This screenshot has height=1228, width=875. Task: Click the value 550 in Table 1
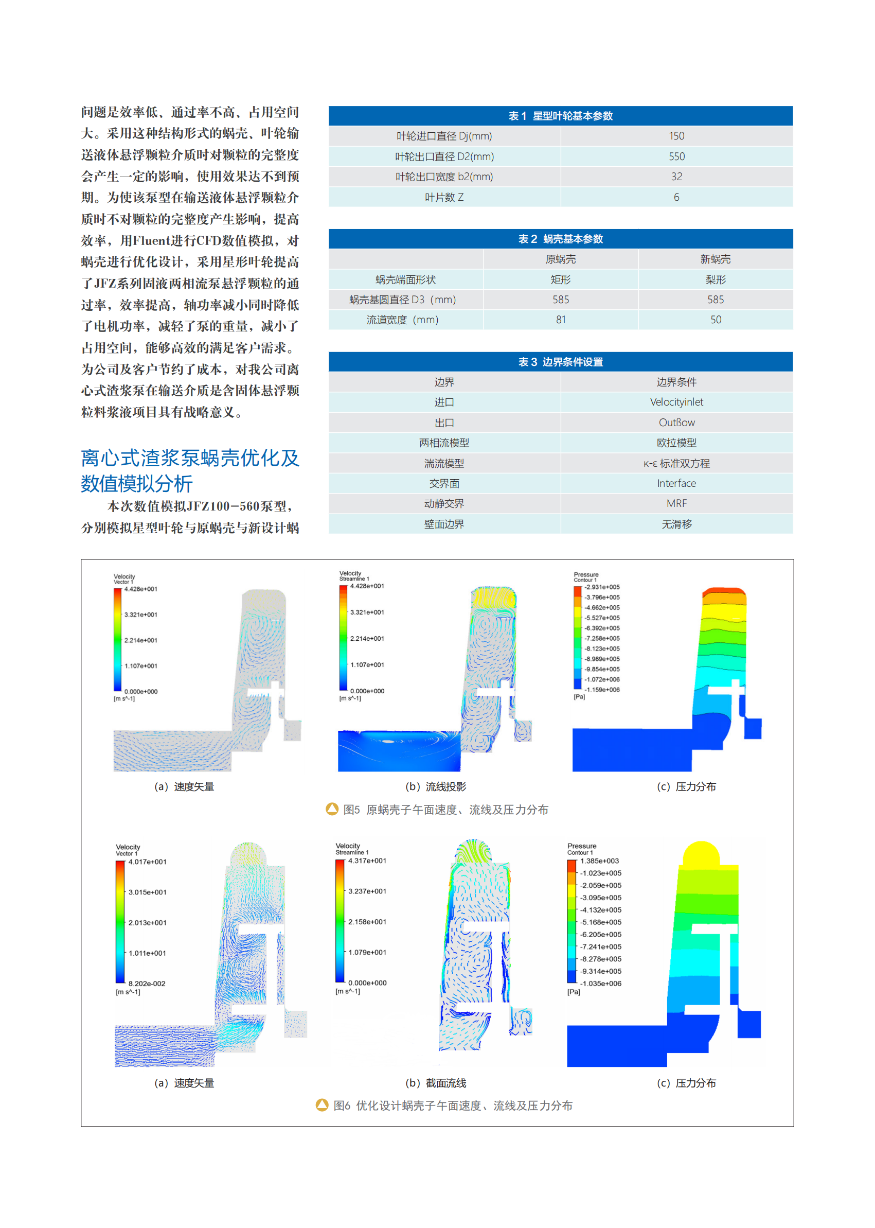click(676, 156)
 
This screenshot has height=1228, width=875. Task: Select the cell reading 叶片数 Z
click(444, 197)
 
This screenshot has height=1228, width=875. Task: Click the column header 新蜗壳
click(715, 259)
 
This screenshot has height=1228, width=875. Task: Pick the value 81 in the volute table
click(560, 320)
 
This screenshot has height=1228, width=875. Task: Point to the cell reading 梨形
click(715, 280)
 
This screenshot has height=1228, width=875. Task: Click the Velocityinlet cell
click(676, 402)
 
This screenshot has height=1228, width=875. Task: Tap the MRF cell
click(676, 503)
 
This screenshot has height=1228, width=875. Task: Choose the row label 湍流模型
click(444, 463)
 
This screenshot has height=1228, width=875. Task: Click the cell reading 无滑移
click(676, 524)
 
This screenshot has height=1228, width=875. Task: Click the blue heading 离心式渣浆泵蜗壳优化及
click(190, 458)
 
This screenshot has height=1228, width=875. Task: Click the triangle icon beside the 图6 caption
click(322, 1105)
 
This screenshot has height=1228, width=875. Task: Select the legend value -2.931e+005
click(602, 587)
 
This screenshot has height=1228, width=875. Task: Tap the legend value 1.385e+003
click(599, 861)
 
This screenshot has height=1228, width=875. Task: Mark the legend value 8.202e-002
click(147, 983)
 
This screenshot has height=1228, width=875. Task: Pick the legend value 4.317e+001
click(367, 861)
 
